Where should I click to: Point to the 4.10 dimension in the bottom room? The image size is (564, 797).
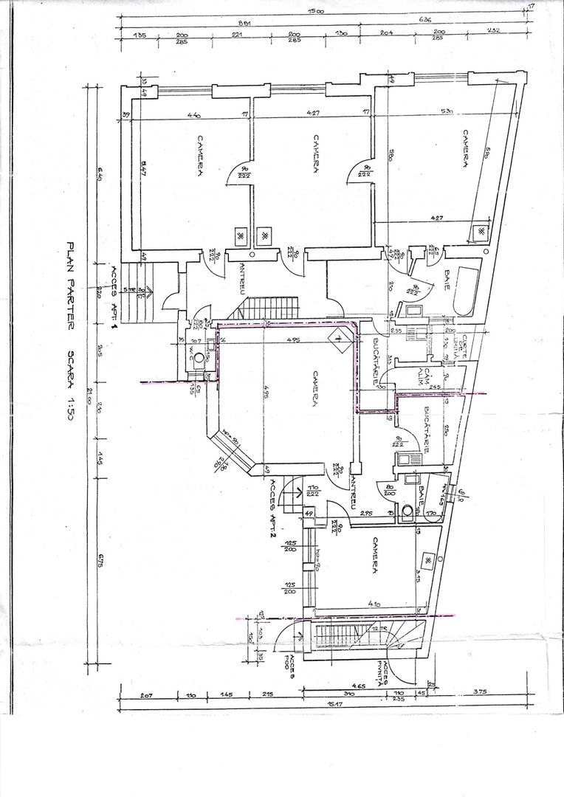point(375,604)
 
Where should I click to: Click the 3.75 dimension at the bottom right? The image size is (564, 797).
point(481,692)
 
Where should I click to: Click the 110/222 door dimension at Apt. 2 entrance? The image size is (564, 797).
point(312,491)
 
